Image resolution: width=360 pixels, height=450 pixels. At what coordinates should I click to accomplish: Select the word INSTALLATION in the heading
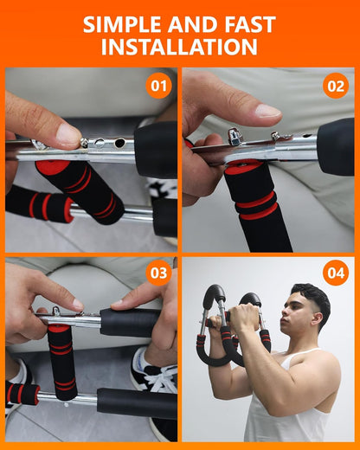(179, 48)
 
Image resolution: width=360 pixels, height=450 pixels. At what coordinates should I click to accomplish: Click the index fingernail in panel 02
(268, 111)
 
